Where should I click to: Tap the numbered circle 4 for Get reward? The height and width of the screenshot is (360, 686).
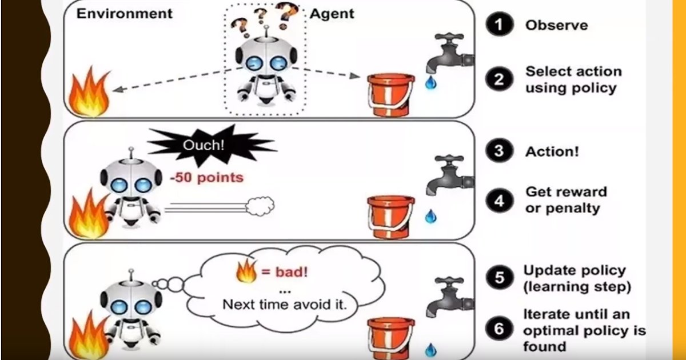point(500,201)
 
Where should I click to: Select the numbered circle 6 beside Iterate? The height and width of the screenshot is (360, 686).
point(499,330)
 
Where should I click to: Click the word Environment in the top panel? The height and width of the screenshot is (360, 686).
point(124,13)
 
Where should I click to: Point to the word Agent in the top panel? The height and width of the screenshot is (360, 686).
point(333,13)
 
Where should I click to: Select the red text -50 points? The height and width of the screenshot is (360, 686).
point(206,178)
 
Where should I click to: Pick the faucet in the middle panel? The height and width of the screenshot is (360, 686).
point(449,174)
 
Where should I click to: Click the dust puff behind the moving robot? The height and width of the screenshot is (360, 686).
point(260,206)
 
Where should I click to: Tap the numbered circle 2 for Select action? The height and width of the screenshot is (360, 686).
point(499,79)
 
